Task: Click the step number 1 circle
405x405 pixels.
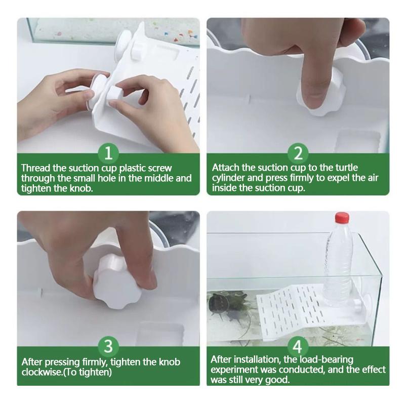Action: coord(108,153)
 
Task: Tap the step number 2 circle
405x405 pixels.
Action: coord(298,153)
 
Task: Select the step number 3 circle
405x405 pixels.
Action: coord(108,346)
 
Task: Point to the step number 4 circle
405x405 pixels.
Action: coord(297,346)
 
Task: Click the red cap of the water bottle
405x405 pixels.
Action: coord(342,218)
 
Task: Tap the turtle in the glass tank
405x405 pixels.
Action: coord(219,302)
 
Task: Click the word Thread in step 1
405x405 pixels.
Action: coord(36,168)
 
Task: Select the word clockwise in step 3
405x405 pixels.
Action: coord(43,372)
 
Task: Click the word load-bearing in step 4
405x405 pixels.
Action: coord(326,360)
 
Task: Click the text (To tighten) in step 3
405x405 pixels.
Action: coord(88,372)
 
